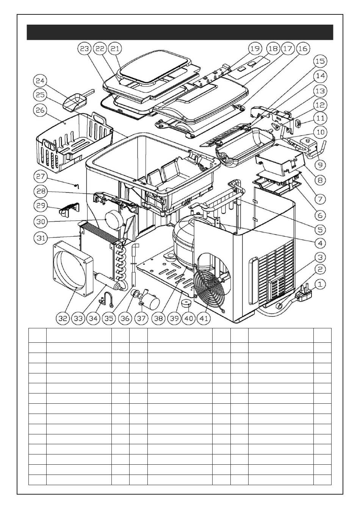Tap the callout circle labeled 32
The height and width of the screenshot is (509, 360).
pyautogui.click(x=63, y=318)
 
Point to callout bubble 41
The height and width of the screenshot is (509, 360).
pyautogui.click(x=205, y=318)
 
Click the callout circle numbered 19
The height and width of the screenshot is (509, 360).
pyautogui.click(x=255, y=48)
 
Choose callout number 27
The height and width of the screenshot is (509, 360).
pyautogui.click(x=40, y=176)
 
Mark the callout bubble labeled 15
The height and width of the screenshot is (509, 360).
pyautogui.click(x=321, y=61)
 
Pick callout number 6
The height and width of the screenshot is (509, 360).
pyautogui.click(x=321, y=215)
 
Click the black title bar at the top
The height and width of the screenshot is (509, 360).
pyautogui.click(x=180, y=32)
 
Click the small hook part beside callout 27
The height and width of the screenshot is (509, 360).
pyautogui.click(x=77, y=186)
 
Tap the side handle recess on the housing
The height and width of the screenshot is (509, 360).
pyautogui.click(x=251, y=280)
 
